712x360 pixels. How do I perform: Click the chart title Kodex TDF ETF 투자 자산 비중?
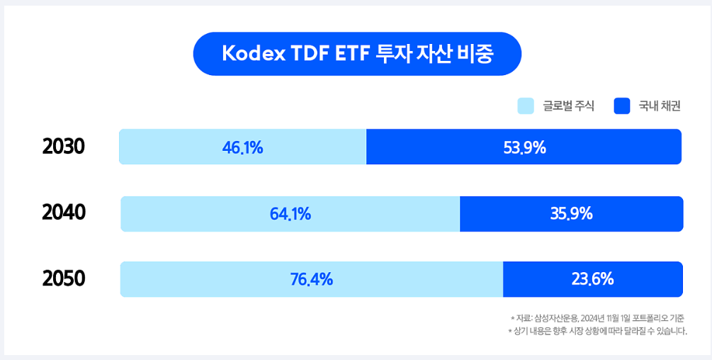(x=357, y=54)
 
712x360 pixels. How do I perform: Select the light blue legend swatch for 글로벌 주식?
(x=525, y=106)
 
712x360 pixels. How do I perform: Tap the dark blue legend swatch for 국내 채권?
(x=621, y=106)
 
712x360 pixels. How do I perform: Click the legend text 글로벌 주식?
(x=568, y=106)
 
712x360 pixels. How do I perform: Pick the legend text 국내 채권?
(x=660, y=106)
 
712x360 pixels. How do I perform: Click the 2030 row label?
(x=64, y=147)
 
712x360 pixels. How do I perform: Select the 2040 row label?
(x=64, y=213)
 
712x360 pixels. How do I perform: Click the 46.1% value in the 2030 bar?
(x=242, y=147)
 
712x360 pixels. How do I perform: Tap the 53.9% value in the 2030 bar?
(x=524, y=147)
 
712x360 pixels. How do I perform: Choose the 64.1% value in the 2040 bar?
(x=290, y=213)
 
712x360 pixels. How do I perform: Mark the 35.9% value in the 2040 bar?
(x=571, y=213)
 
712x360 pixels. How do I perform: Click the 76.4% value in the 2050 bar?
(x=311, y=279)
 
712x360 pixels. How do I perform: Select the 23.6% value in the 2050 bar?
(x=592, y=279)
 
